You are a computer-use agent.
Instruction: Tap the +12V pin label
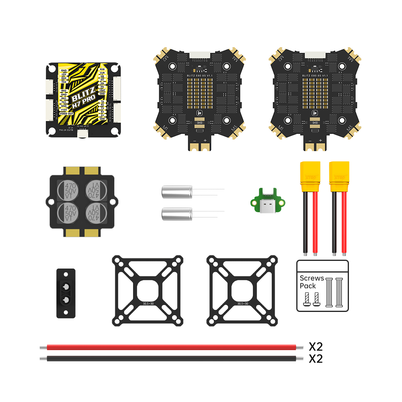click(x=64, y=109)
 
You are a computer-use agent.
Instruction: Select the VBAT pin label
click(x=102, y=90)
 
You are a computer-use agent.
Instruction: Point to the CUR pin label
click(x=102, y=73)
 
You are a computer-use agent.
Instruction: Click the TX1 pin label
click(x=64, y=102)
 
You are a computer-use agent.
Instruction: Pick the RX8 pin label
click(x=102, y=69)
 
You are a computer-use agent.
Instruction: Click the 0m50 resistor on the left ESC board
click(x=200, y=122)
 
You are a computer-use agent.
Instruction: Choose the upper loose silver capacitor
click(x=177, y=191)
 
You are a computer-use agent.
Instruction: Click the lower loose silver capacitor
click(x=177, y=213)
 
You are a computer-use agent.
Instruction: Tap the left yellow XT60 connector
click(x=310, y=177)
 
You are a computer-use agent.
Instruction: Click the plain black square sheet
click(x=322, y=285)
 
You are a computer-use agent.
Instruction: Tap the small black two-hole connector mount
click(x=66, y=293)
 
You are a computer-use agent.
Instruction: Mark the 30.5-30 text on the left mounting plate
click(x=148, y=303)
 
